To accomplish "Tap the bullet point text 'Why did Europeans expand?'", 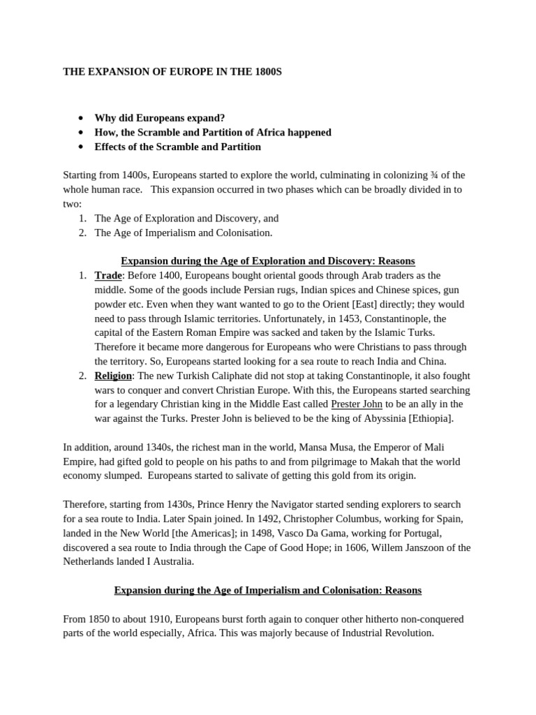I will [160, 117].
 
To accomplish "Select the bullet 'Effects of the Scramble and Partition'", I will [177, 147].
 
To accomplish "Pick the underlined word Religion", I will [113, 376].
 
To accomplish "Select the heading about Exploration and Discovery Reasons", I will [268, 261].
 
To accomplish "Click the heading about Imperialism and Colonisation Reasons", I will [268, 590].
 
